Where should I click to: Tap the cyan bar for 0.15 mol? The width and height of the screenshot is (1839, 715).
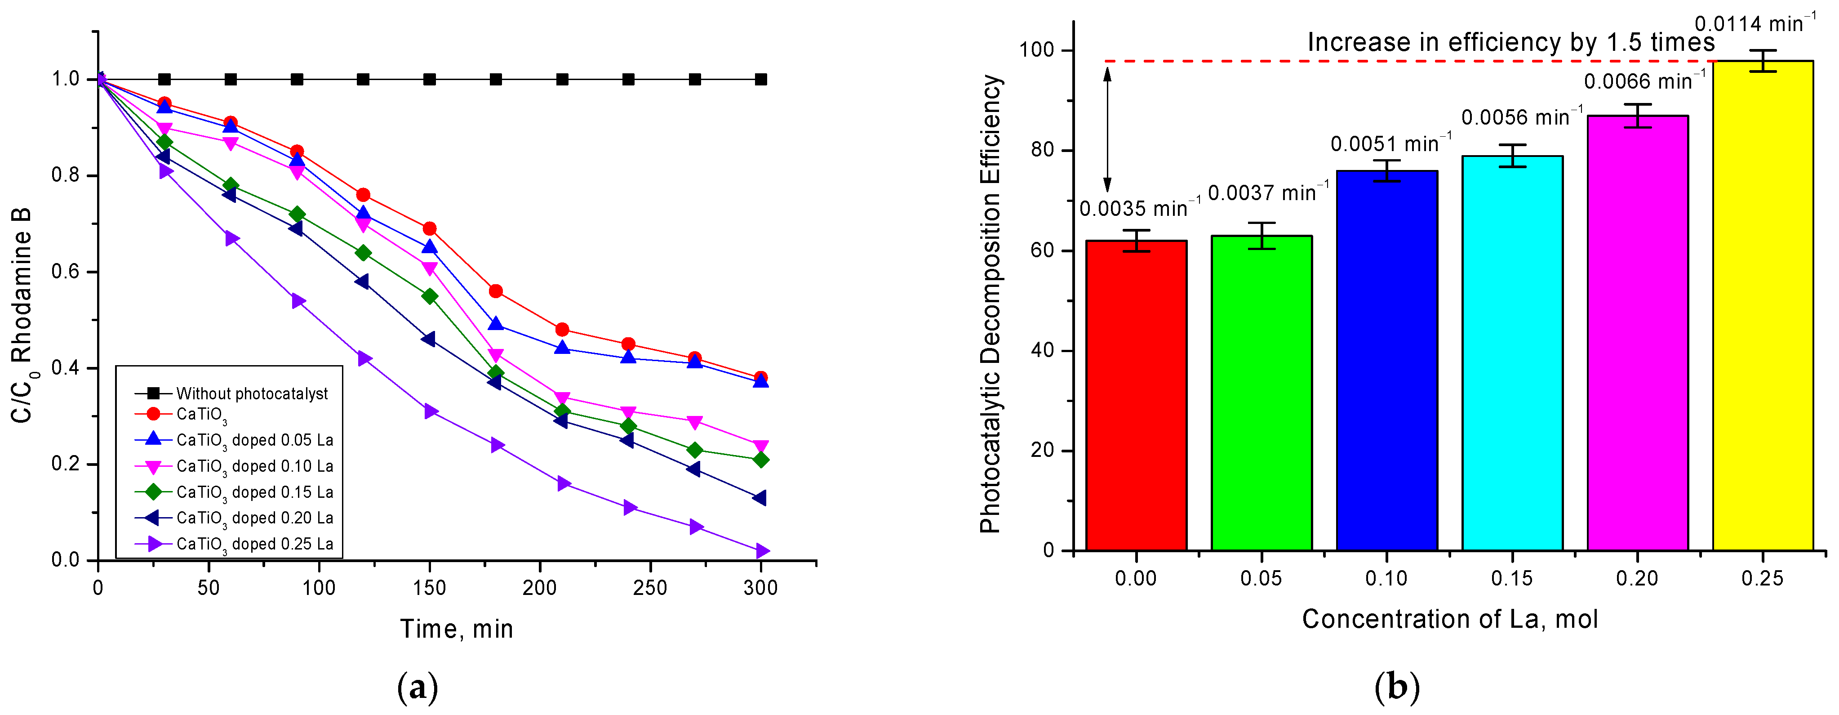pos(1512,353)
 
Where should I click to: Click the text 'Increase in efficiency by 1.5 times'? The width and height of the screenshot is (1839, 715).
pos(1510,43)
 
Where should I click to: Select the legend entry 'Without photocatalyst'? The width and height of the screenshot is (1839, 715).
pos(251,393)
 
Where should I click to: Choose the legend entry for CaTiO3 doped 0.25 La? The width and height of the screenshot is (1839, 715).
pos(254,544)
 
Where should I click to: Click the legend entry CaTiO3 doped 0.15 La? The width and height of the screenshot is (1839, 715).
pos(254,492)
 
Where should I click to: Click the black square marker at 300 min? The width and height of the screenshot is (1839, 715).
pos(761,79)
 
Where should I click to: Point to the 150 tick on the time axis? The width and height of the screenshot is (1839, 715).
pos(429,588)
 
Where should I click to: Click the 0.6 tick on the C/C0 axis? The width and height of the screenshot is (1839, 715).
pos(66,272)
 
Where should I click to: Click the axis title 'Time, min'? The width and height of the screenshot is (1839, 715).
pos(456,629)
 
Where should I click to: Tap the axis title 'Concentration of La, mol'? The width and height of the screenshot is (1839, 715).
pos(1449,619)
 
